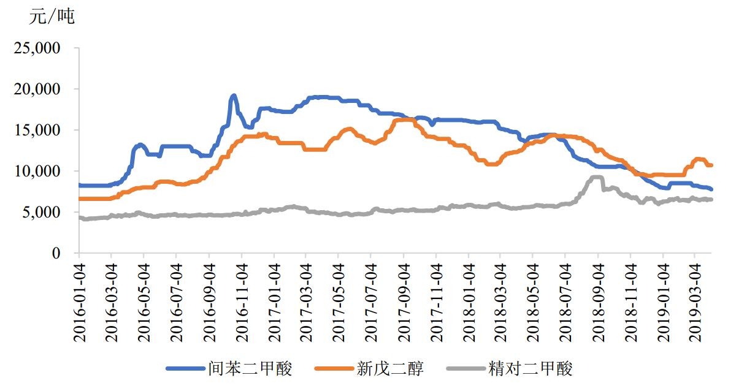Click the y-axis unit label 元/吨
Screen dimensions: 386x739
[x=52, y=17]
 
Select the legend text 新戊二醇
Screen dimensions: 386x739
[x=390, y=368]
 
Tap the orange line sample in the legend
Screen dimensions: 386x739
[x=334, y=368]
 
